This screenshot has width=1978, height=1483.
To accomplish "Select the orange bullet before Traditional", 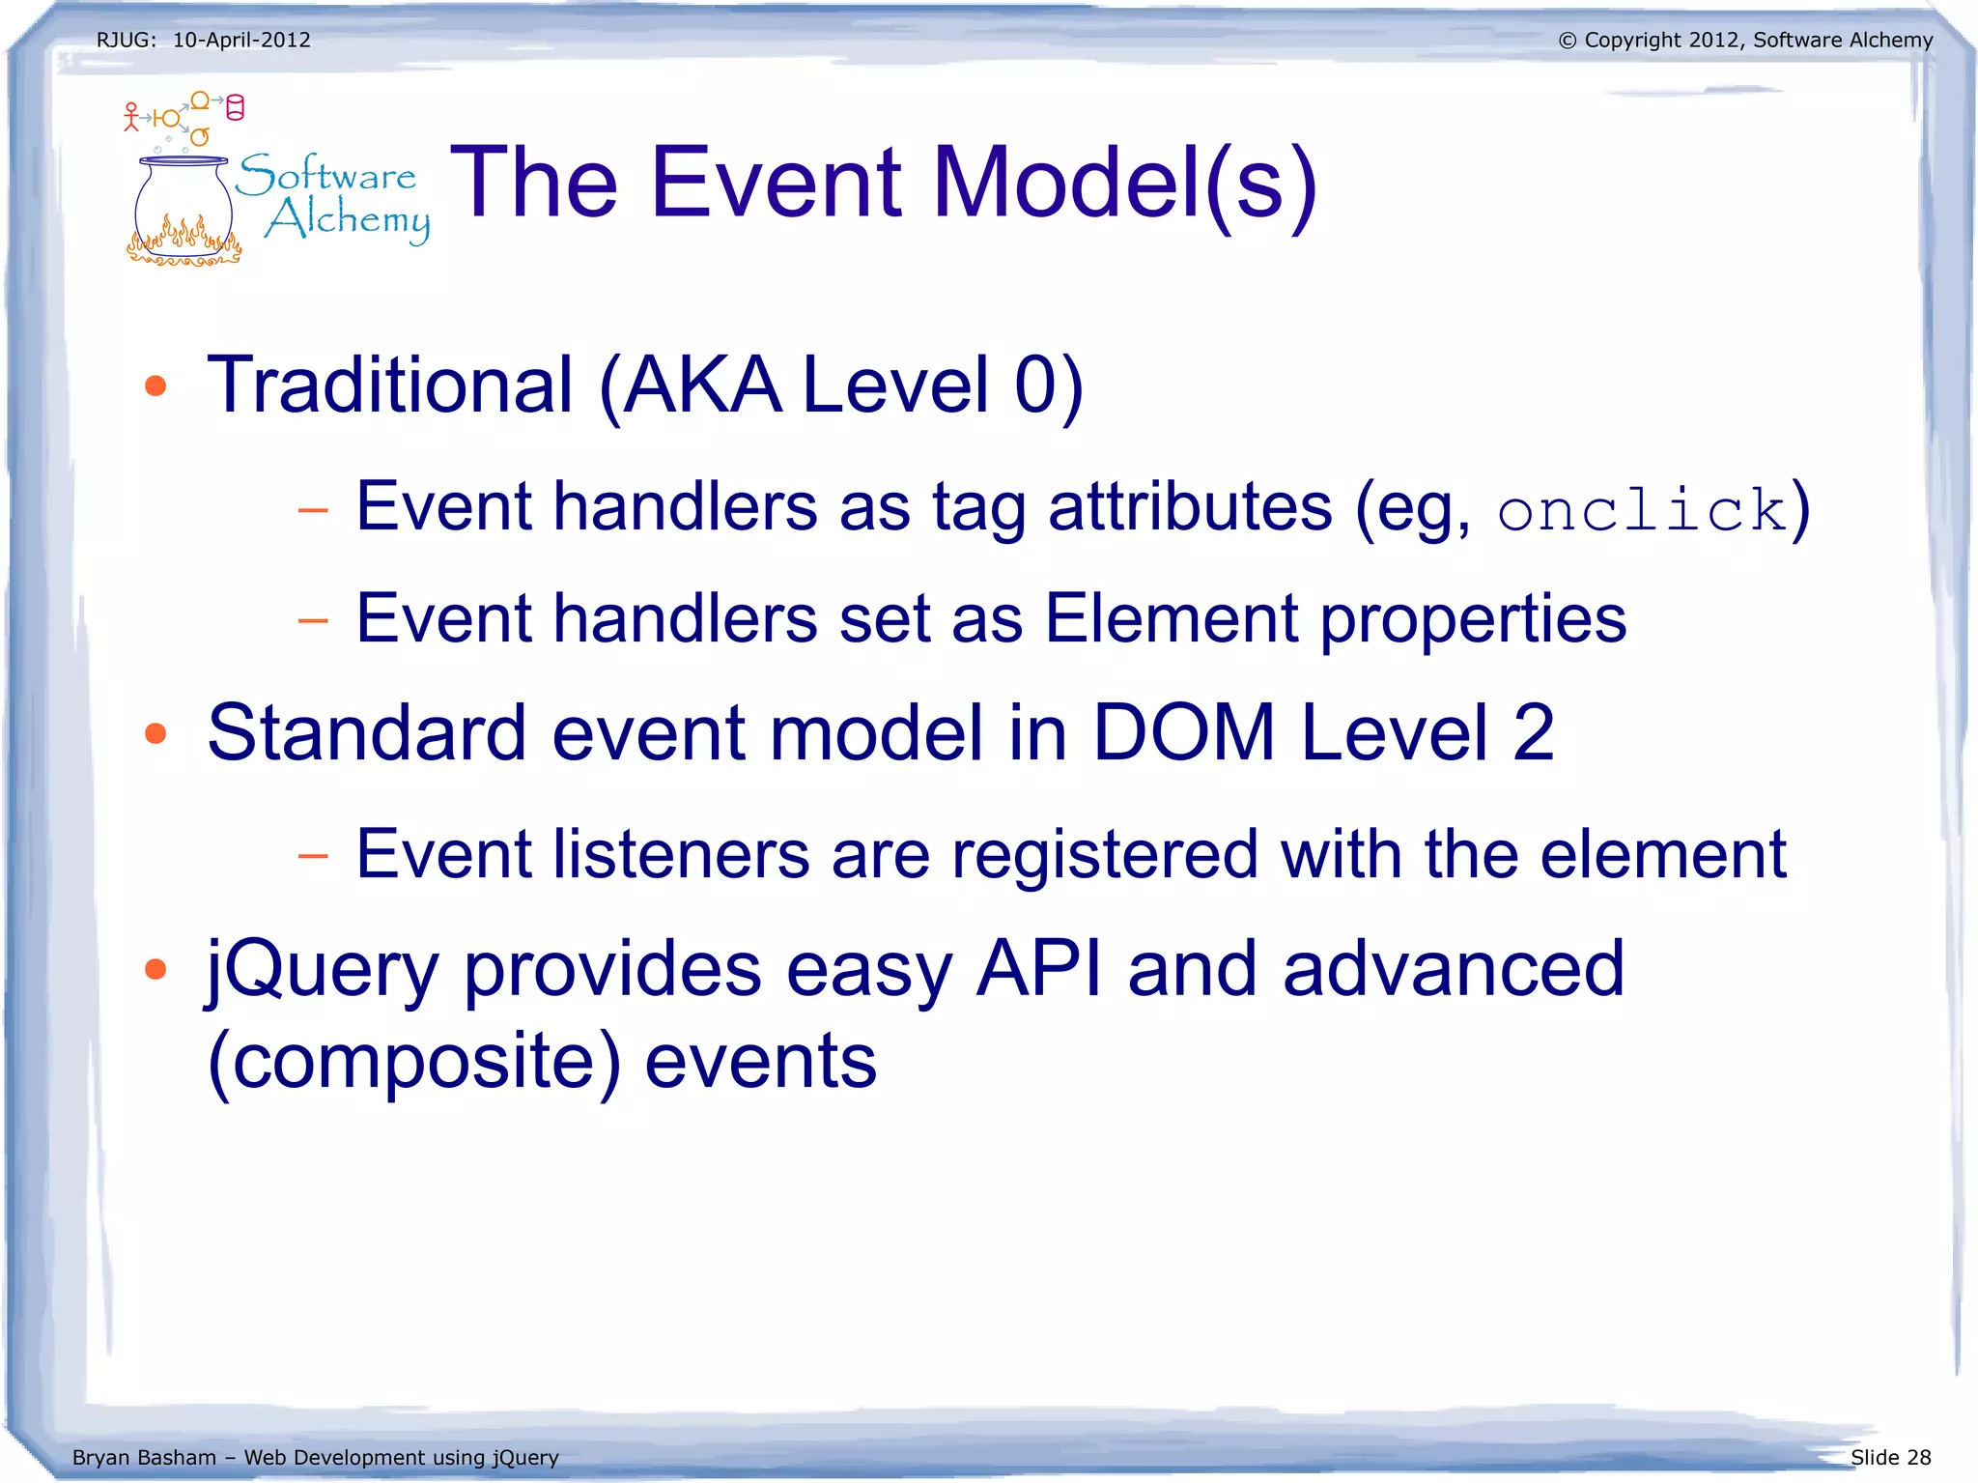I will [x=155, y=386].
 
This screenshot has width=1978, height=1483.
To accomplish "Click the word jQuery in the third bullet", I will [x=324, y=970].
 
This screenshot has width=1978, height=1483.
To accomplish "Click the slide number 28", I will [x=1918, y=1457].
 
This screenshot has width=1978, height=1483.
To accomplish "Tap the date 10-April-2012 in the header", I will [x=241, y=40].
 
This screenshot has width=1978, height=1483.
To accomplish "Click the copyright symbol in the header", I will [x=1568, y=41].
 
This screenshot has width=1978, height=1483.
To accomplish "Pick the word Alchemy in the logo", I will [x=348, y=219].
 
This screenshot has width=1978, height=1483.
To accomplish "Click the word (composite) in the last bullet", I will [x=414, y=1061].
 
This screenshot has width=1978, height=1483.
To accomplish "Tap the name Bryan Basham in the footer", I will [x=144, y=1457].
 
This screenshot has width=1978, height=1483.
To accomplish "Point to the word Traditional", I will [x=391, y=385].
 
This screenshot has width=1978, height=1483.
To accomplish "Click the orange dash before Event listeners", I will [x=313, y=855].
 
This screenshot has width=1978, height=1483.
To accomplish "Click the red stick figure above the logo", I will [x=132, y=116].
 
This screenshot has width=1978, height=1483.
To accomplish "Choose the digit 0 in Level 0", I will [x=1035, y=385].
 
